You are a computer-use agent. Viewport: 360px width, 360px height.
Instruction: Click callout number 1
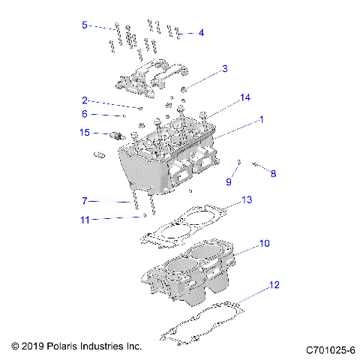(x=261, y=120)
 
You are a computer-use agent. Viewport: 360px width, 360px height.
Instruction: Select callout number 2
(x=85, y=100)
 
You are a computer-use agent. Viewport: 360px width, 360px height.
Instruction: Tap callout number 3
(x=223, y=70)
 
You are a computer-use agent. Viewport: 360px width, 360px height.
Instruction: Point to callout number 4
(x=201, y=32)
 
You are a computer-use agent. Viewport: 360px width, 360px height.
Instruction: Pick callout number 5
(x=85, y=25)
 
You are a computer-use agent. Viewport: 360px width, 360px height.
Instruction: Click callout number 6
(x=85, y=114)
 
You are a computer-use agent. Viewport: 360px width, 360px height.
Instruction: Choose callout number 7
(x=85, y=201)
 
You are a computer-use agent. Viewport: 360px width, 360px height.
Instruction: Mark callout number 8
(x=273, y=173)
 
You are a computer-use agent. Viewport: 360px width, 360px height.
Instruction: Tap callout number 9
(x=229, y=182)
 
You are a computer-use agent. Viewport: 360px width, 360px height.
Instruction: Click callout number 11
(x=85, y=220)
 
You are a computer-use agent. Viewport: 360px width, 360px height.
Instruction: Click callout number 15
(x=85, y=133)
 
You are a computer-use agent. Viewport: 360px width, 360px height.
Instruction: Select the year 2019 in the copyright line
(x=34, y=347)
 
